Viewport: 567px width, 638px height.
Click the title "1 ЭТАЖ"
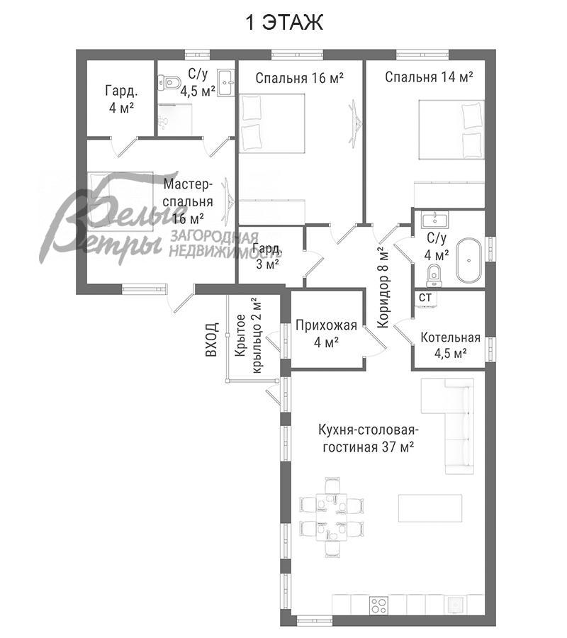click(x=284, y=22)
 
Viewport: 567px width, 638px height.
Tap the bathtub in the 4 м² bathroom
click(x=469, y=260)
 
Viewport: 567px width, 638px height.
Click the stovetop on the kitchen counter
click(x=378, y=605)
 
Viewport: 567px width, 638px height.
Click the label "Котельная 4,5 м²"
click(x=450, y=345)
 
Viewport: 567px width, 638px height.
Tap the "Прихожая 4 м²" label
click(x=326, y=334)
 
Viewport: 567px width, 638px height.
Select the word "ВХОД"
click(x=212, y=340)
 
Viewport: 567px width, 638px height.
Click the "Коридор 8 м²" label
click(x=383, y=288)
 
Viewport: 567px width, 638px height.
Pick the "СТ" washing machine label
click(x=425, y=298)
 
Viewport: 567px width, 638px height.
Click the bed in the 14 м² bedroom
click(x=451, y=130)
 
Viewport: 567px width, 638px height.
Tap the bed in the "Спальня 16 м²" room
click(x=271, y=123)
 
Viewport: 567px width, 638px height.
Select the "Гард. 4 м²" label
click(x=121, y=99)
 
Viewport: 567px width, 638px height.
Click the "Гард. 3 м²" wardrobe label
click(x=267, y=257)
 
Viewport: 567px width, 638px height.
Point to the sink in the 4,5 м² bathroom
click(x=226, y=83)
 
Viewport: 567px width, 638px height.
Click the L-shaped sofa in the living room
click(x=447, y=425)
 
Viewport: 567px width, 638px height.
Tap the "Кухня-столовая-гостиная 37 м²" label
click(x=369, y=438)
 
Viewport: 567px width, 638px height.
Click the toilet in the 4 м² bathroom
click(x=434, y=276)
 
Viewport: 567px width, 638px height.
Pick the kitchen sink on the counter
click(x=453, y=605)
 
